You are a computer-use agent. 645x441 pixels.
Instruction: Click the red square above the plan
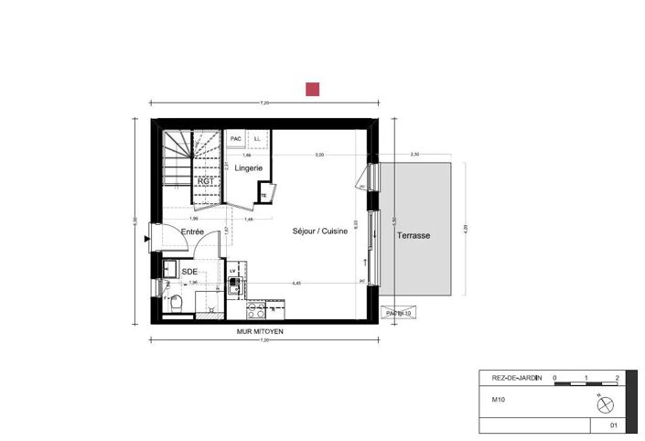pos(313,89)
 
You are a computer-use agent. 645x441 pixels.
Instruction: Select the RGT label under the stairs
pos(207,181)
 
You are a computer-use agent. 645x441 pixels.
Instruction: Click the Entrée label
pos(192,232)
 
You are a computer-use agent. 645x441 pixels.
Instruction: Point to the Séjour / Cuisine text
pos(319,232)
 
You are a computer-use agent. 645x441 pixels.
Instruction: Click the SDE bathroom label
pos(189,272)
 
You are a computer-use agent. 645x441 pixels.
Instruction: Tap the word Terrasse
pos(414,235)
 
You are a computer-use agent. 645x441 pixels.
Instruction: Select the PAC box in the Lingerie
pos(236,139)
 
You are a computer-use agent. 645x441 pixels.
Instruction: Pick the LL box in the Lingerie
pos(257,139)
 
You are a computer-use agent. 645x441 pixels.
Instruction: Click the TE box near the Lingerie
pos(264,195)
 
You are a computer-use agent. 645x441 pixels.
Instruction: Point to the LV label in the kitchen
pos(233,272)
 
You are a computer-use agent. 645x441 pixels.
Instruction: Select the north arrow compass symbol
pos(602,404)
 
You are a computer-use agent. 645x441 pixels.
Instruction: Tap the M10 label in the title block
pos(499,399)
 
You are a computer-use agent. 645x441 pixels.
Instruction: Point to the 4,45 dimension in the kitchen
pos(296,283)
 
